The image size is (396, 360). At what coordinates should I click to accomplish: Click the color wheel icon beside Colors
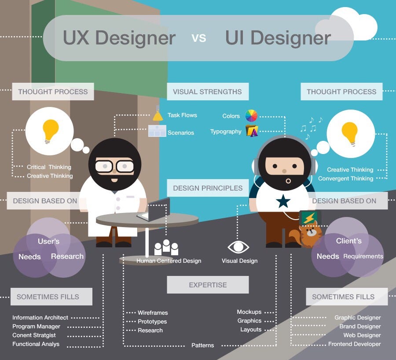click(x=251, y=116)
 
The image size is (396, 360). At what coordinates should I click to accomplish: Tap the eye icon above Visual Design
click(x=238, y=246)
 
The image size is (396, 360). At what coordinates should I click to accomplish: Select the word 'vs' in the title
click(x=199, y=37)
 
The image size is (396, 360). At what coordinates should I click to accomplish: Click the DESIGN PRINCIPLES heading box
click(x=208, y=188)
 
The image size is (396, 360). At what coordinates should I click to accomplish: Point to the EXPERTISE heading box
click(x=208, y=285)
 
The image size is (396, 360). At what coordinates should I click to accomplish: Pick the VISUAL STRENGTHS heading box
click(x=207, y=92)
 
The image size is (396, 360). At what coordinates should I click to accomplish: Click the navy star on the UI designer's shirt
click(x=283, y=201)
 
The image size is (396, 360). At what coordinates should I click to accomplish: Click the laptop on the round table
click(x=154, y=210)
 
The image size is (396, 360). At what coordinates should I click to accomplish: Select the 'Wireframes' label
click(x=153, y=312)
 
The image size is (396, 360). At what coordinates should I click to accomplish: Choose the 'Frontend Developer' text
click(x=355, y=344)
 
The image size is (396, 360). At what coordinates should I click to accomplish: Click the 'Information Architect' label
click(x=40, y=317)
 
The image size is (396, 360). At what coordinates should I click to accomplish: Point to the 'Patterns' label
click(x=202, y=345)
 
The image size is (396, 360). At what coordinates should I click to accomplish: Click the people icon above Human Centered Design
click(x=166, y=247)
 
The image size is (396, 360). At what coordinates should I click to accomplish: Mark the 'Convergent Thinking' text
click(x=345, y=179)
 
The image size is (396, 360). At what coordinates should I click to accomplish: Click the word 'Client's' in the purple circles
click(x=348, y=241)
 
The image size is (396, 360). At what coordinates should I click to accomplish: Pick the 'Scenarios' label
click(x=180, y=132)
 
